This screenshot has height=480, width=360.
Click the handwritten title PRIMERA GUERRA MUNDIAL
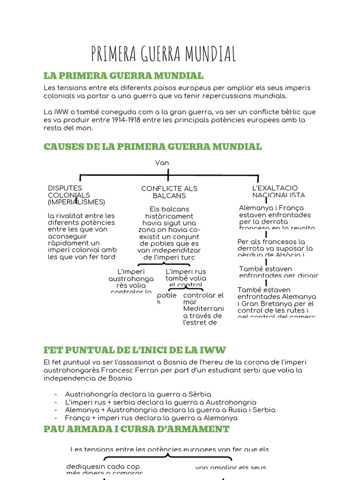point(164,54)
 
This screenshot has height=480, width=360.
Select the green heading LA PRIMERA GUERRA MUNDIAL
point(123,75)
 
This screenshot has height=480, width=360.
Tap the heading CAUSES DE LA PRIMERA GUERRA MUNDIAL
point(152,146)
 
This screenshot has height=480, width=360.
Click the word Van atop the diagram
point(162,163)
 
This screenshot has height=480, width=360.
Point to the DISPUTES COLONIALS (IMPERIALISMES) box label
point(76,195)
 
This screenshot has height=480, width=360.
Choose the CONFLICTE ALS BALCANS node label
point(169,192)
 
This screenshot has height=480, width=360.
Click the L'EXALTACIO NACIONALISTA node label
point(278,191)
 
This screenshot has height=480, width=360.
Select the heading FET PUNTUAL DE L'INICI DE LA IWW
point(135,350)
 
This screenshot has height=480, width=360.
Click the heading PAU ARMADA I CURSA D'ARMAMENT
point(136,428)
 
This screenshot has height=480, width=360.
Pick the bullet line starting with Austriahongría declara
point(138,394)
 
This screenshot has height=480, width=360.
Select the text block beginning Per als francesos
point(275,248)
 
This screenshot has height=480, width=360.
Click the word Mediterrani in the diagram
point(203,308)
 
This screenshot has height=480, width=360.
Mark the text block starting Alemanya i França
point(277,218)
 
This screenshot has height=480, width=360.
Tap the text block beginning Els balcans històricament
point(169,233)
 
